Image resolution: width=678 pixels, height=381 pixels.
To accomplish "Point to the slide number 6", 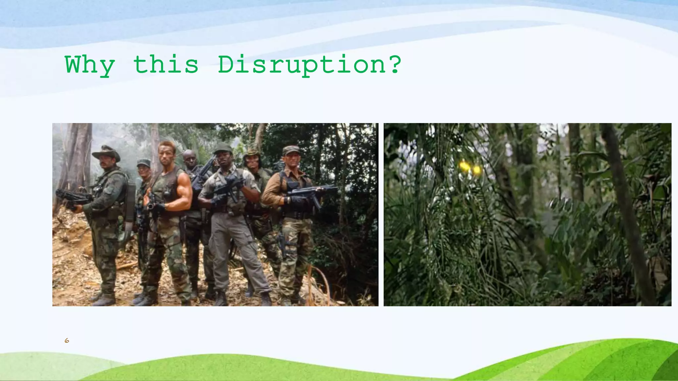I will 67,341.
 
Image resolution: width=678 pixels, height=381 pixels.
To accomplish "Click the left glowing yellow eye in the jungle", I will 464,166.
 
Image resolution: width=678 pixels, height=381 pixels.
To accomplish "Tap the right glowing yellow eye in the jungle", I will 476,170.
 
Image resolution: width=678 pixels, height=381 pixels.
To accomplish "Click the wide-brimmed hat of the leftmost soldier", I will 106,152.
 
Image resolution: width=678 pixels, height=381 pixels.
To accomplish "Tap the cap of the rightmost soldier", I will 291,150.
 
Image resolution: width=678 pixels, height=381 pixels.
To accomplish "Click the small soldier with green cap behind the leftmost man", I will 143,169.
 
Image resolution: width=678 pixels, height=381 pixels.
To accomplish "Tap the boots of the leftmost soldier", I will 103,299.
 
